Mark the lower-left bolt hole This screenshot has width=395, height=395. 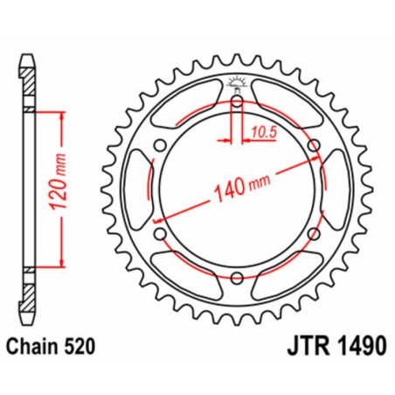point(161,234)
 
